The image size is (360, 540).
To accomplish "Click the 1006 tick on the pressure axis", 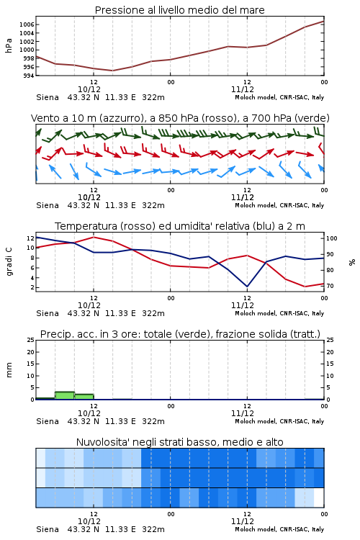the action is click(x=27, y=24).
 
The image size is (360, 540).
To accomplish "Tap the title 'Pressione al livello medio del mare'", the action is click(x=180, y=10).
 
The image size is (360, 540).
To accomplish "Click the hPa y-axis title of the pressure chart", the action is click(x=9, y=45).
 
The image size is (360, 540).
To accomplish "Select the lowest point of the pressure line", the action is click(x=112, y=71).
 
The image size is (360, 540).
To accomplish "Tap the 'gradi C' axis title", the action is click(x=9, y=262).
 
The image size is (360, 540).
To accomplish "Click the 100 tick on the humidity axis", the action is click(x=332, y=238).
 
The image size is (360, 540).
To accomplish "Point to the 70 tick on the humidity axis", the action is click(x=330, y=286).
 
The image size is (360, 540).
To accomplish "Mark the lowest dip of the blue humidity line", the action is click(x=247, y=287).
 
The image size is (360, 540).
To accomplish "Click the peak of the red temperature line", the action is click(x=94, y=237).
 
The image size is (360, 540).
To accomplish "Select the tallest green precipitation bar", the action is click(x=65, y=395).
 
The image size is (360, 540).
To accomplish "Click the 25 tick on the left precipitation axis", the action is click(x=31, y=340).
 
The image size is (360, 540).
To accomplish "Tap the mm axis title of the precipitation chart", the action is click(x=9, y=370).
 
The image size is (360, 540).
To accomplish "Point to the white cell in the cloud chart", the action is click(x=319, y=498).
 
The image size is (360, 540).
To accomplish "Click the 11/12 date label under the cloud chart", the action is click(x=243, y=521).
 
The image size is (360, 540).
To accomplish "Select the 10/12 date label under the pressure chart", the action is click(x=89, y=89).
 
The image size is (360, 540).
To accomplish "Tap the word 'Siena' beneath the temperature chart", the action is click(x=48, y=313).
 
